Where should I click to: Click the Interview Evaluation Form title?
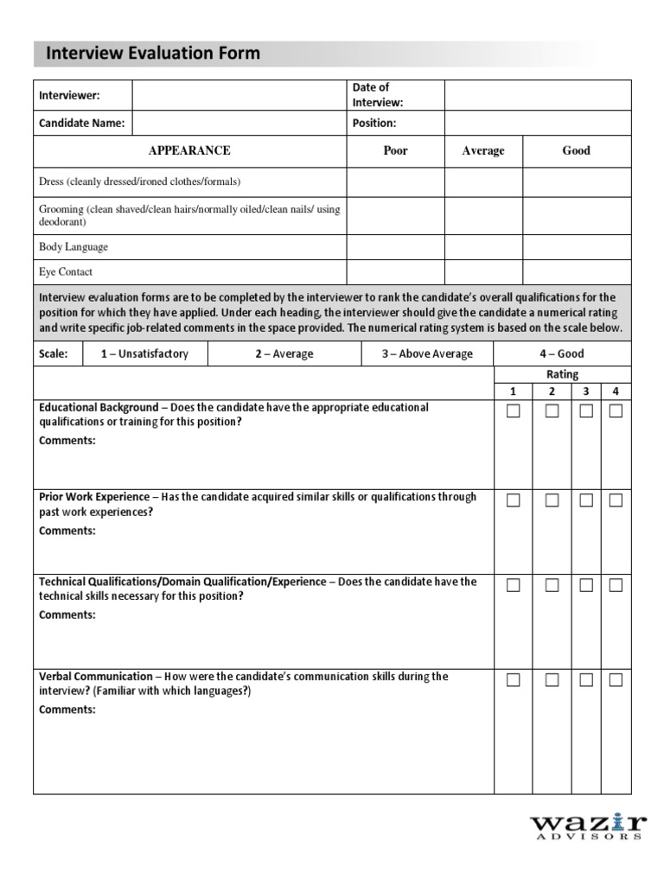152,54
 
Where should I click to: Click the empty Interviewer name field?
239,95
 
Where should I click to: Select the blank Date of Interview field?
538,95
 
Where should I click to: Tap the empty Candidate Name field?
239,124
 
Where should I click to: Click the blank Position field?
538,124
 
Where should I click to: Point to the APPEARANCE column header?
189,150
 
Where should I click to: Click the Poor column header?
395,150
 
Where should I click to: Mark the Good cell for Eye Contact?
577,271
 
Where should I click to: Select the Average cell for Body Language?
483,246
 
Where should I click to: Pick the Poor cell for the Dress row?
395,182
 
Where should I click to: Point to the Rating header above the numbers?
562,374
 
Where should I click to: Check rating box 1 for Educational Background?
514,411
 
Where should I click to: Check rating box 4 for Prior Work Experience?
616,500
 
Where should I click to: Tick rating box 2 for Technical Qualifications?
552,585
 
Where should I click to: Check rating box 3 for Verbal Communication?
586,680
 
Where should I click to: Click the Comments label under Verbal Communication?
67,710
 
